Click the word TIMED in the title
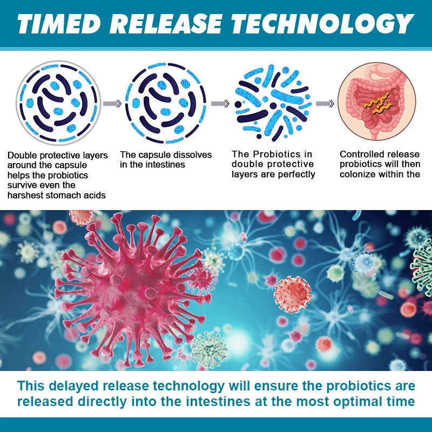(x=59, y=24)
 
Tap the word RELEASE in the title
(x=167, y=24)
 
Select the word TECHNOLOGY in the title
(x=322, y=24)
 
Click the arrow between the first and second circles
(x=112, y=104)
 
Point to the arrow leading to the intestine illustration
(x=325, y=104)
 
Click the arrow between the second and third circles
(x=220, y=104)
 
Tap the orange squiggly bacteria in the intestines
(x=377, y=104)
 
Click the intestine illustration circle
(x=376, y=102)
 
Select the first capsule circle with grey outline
(x=58, y=103)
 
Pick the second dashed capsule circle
(x=166, y=103)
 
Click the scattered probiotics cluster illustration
(x=273, y=103)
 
